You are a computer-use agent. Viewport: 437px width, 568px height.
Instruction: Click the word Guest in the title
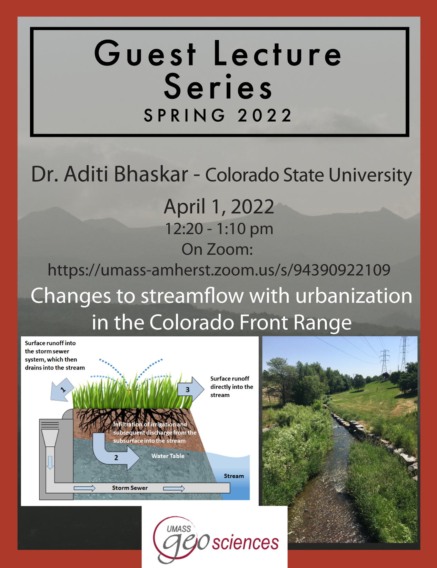click(x=145, y=53)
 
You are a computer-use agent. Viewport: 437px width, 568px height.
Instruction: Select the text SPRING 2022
click(x=218, y=115)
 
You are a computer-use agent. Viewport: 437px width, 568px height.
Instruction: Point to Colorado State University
click(x=309, y=175)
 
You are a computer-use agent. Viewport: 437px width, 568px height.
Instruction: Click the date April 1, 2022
click(x=219, y=206)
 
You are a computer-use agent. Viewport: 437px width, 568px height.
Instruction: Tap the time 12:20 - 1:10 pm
click(x=219, y=229)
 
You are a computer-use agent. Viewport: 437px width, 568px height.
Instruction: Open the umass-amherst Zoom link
click(x=219, y=270)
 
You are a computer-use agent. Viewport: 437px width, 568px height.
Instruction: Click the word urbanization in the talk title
click(x=354, y=296)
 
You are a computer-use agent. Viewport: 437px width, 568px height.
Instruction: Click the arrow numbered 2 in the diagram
click(x=115, y=452)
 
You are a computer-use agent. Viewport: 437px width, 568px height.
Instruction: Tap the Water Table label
click(x=168, y=456)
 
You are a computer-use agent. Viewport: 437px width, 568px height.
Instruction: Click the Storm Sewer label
click(x=130, y=488)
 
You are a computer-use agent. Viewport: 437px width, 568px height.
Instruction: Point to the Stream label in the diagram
click(x=234, y=476)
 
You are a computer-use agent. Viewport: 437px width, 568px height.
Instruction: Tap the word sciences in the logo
click(x=245, y=542)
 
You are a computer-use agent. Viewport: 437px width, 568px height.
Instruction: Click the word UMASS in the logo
click(x=179, y=529)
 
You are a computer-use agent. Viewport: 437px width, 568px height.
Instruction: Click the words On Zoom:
click(x=217, y=249)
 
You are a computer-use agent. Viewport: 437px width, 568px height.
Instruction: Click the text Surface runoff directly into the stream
click(x=232, y=387)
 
